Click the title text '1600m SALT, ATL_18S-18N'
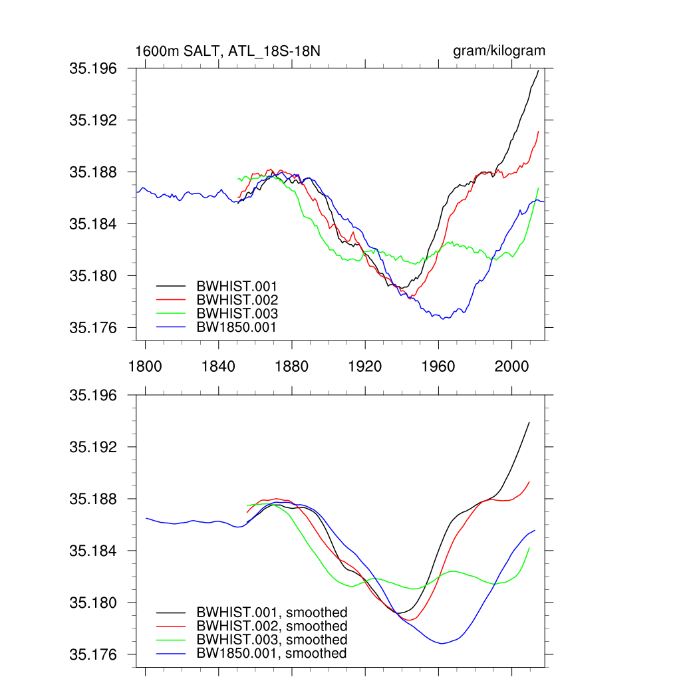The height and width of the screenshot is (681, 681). [228, 51]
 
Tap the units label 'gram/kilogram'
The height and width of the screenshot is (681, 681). [499, 51]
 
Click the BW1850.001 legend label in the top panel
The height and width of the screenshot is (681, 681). [236, 327]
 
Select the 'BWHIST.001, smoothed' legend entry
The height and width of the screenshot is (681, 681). [271, 612]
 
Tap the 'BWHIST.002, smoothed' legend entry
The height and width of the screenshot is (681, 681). [271, 626]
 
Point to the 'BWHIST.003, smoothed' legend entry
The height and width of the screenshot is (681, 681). [271, 640]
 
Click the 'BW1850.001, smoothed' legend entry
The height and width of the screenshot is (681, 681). [271, 654]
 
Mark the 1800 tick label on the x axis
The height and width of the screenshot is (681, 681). [144, 365]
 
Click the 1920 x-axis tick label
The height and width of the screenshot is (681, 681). [364, 365]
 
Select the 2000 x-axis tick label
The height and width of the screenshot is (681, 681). [511, 365]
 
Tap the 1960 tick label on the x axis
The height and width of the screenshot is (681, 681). [438, 365]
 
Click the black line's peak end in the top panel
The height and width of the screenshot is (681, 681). [538, 70]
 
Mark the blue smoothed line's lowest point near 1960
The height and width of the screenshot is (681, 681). [441, 643]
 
